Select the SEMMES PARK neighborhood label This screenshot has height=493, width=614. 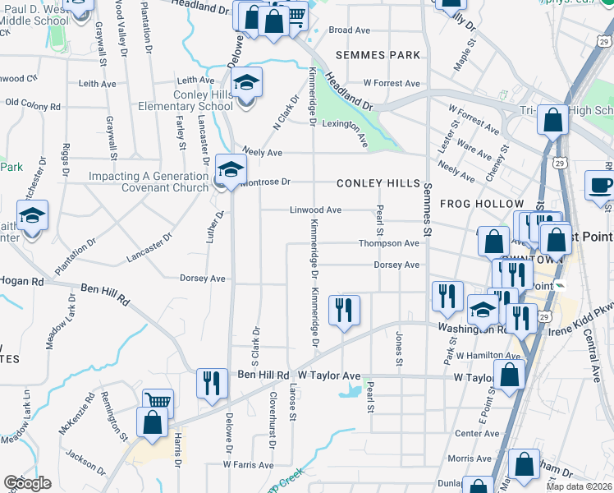pos(378,55)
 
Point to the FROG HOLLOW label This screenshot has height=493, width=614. pos(482,203)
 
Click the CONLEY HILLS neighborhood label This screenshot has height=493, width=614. pos(378,183)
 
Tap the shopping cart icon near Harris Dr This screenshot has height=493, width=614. pos(158,401)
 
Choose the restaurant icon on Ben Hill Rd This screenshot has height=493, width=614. pos(212,382)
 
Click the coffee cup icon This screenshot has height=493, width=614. pos(600,185)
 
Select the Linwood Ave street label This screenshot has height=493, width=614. pos(315,210)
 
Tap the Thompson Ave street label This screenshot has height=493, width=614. pos(389,243)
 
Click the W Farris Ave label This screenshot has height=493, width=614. pos(248,464)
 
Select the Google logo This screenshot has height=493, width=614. pos(27,483)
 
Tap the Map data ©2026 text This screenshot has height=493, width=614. pos(580,486)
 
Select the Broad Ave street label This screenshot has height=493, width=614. pos(350,30)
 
